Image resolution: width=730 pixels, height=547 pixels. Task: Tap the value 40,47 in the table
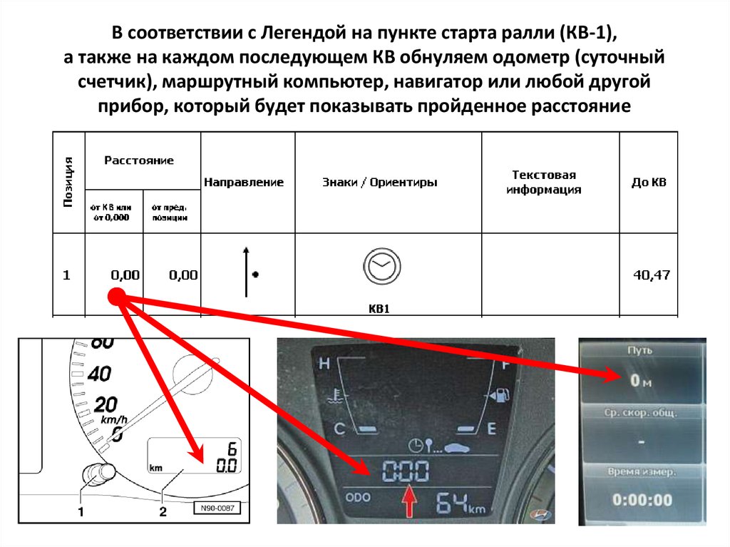pyautogui.click(x=651, y=275)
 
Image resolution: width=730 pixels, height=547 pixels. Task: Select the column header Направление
pyautogui.click(x=244, y=183)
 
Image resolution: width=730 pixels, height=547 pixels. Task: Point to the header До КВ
pyautogui.click(x=649, y=183)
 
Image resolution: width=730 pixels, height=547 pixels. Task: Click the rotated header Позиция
pyautogui.click(x=69, y=183)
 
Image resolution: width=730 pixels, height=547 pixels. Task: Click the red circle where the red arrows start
pyautogui.click(x=117, y=298)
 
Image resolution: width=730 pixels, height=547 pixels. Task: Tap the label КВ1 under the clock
pyautogui.click(x=381, y=310)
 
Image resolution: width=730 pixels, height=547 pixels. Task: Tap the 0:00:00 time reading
pyautogui.click(x=642, y=500)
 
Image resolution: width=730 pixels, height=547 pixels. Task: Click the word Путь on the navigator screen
pyautogui.click(x=640, y=350)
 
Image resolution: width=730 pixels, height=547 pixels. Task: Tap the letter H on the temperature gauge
pyautogui.click(x=325, y=364)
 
